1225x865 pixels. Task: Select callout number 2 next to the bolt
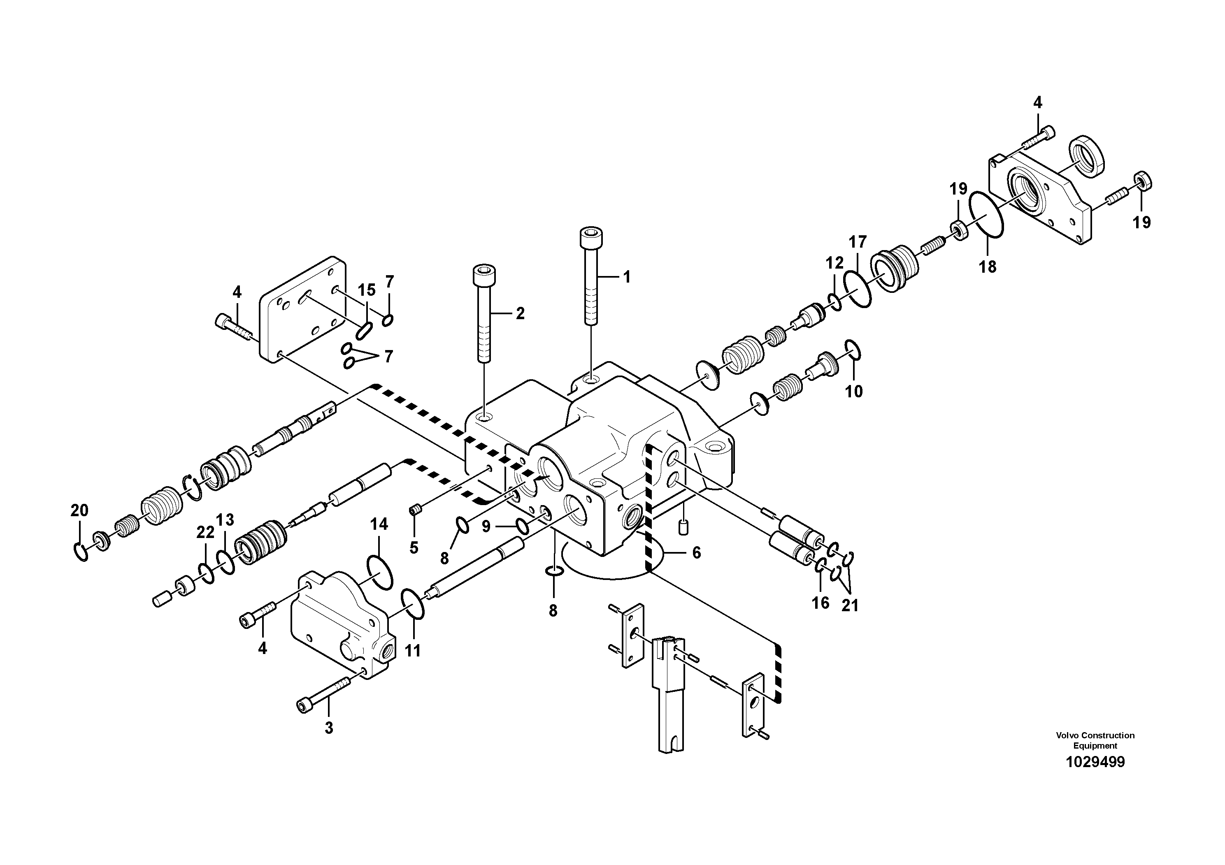520,313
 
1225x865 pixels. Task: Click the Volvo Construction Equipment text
1095,740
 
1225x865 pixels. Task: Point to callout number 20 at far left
79,511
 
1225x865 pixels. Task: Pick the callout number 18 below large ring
988,267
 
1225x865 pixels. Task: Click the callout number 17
858,242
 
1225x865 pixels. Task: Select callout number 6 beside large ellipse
696,553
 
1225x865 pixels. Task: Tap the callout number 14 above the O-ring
379,525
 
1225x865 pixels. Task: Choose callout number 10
854,392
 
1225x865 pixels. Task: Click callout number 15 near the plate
367,290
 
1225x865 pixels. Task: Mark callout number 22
205,532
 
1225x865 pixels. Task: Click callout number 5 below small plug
414,548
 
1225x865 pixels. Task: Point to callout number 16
821,603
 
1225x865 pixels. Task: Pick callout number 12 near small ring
834,262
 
